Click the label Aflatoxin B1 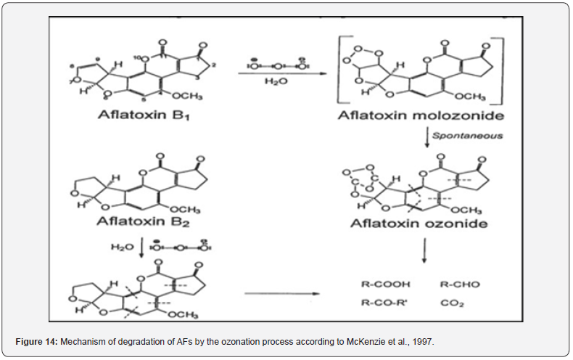click(x=141, y=115)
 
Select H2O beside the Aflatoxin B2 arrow click(x=122, y=247)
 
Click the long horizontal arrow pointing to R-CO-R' click(x=282, y=294)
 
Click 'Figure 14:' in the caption click(x=36, y=340)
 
